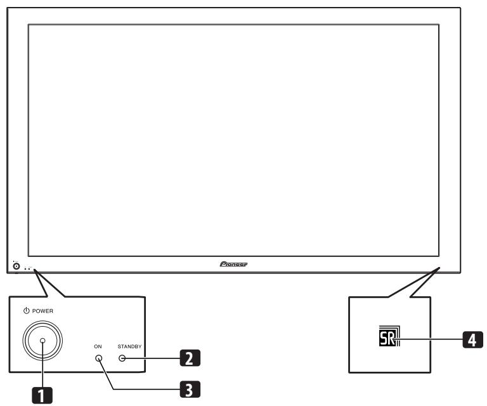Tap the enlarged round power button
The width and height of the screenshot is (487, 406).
(x=42, y=341)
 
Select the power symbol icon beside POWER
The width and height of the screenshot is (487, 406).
(x=25, y=310)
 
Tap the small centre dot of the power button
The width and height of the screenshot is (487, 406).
(x=42, y=341)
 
